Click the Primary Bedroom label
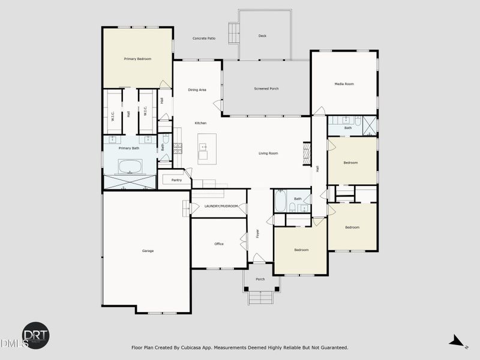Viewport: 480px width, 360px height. [x=137, y=59]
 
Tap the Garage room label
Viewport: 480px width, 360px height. [x=148, y=251]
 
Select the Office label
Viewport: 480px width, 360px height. [x=219, y=244]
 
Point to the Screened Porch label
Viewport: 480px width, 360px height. [x=266, y=89]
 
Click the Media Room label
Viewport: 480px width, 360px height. [x=344, y=84]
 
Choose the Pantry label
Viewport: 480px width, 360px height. [x=176, y=180]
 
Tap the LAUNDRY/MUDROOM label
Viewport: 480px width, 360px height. [x=221, y=206]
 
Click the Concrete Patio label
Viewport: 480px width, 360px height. [x=204, y=38]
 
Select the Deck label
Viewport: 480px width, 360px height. [x=262, y=36]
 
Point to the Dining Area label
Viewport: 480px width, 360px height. [x=197, y=90]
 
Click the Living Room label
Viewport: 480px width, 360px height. [x=268, y=154]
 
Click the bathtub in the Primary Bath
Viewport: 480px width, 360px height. [x=131, y=166]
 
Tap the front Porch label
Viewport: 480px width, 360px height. [x=260, y=280]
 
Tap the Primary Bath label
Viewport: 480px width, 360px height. [x=129, y=148]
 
